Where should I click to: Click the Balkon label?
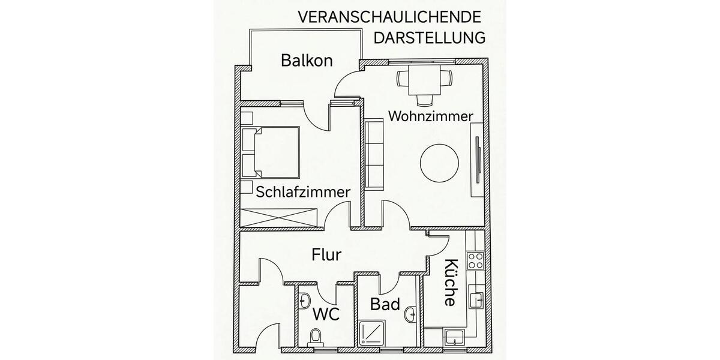click(x=307, y=60)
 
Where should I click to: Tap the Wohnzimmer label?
click(x=431, y=116)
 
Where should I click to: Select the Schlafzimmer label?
click(x=304, y=192)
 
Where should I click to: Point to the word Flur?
click(x=326, y=254)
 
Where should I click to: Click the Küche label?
click(x=451, y=282)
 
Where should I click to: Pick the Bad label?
click(x=385, y=304)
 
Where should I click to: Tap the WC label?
click(x=327, y=314)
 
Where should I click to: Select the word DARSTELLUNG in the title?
click(x=429, y=38)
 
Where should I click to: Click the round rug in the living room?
click(x=440, y=162)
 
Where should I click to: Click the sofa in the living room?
click(x=373, y=154)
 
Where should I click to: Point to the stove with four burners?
click(x=476, y=260)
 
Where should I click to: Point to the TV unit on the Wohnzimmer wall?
click(x=478, y=159)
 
